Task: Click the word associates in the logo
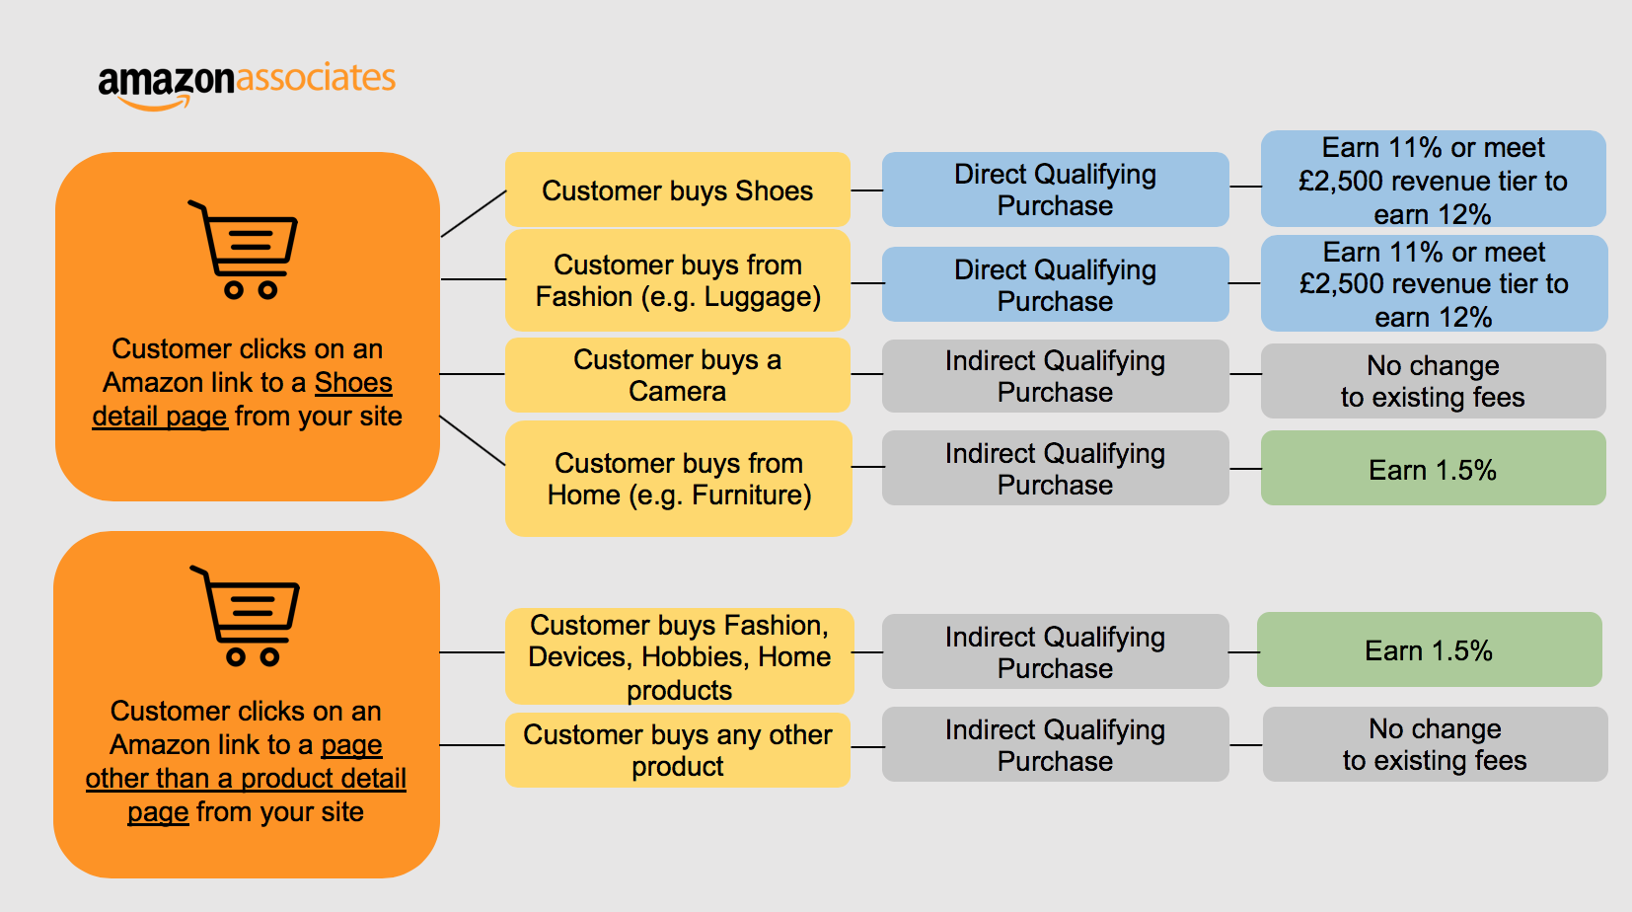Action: (x=316, y=78)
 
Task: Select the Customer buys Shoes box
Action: (x=677, y=190)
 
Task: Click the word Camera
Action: (x=677, y=392)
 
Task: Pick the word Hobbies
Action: (x=692, y=657)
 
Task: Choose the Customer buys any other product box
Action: (x=677, y=750)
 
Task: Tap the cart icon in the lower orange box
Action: (x=247, y=616)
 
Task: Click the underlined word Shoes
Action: (x=353, y=383)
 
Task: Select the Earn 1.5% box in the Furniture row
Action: (x=1432, y=470)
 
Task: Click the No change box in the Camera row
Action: (x=1432, y=381)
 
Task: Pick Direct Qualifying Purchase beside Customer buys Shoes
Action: (x=1055, y=190)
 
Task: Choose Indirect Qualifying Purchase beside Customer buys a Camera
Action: (x=1055, y=376)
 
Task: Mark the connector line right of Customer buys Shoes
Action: (x=866, y=190)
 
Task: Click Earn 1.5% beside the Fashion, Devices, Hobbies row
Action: (x=1428, y=650)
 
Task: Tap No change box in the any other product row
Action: (x=1434, y=744)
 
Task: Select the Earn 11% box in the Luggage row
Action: (x=1433, y=284)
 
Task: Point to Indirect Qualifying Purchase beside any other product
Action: (x=1055, y=744)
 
